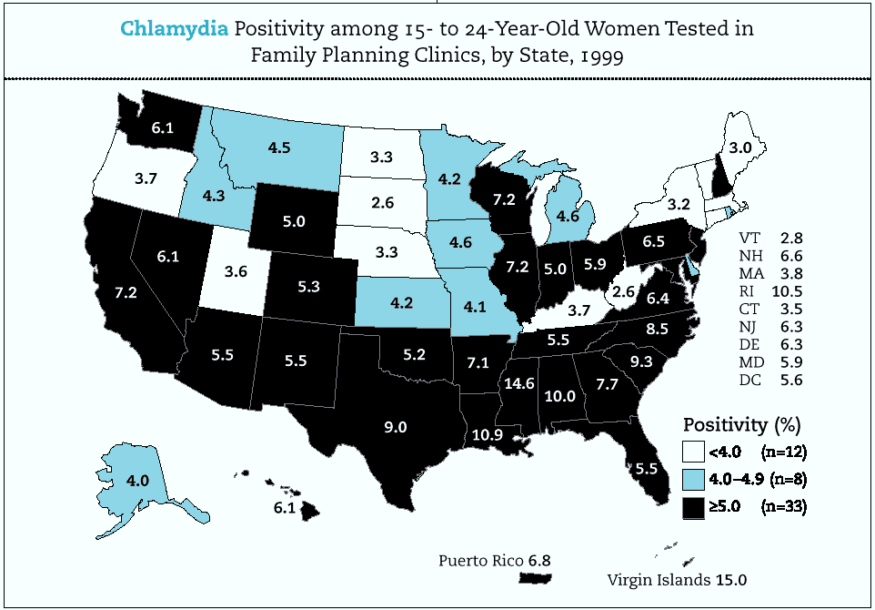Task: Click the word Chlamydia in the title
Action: coord(173,27)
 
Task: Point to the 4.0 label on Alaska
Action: coord(112,480)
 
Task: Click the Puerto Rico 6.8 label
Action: coord(495,558)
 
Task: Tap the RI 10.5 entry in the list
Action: coord(771,291)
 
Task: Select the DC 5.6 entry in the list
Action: coord(771,381)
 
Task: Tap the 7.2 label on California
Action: coord(124,294)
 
